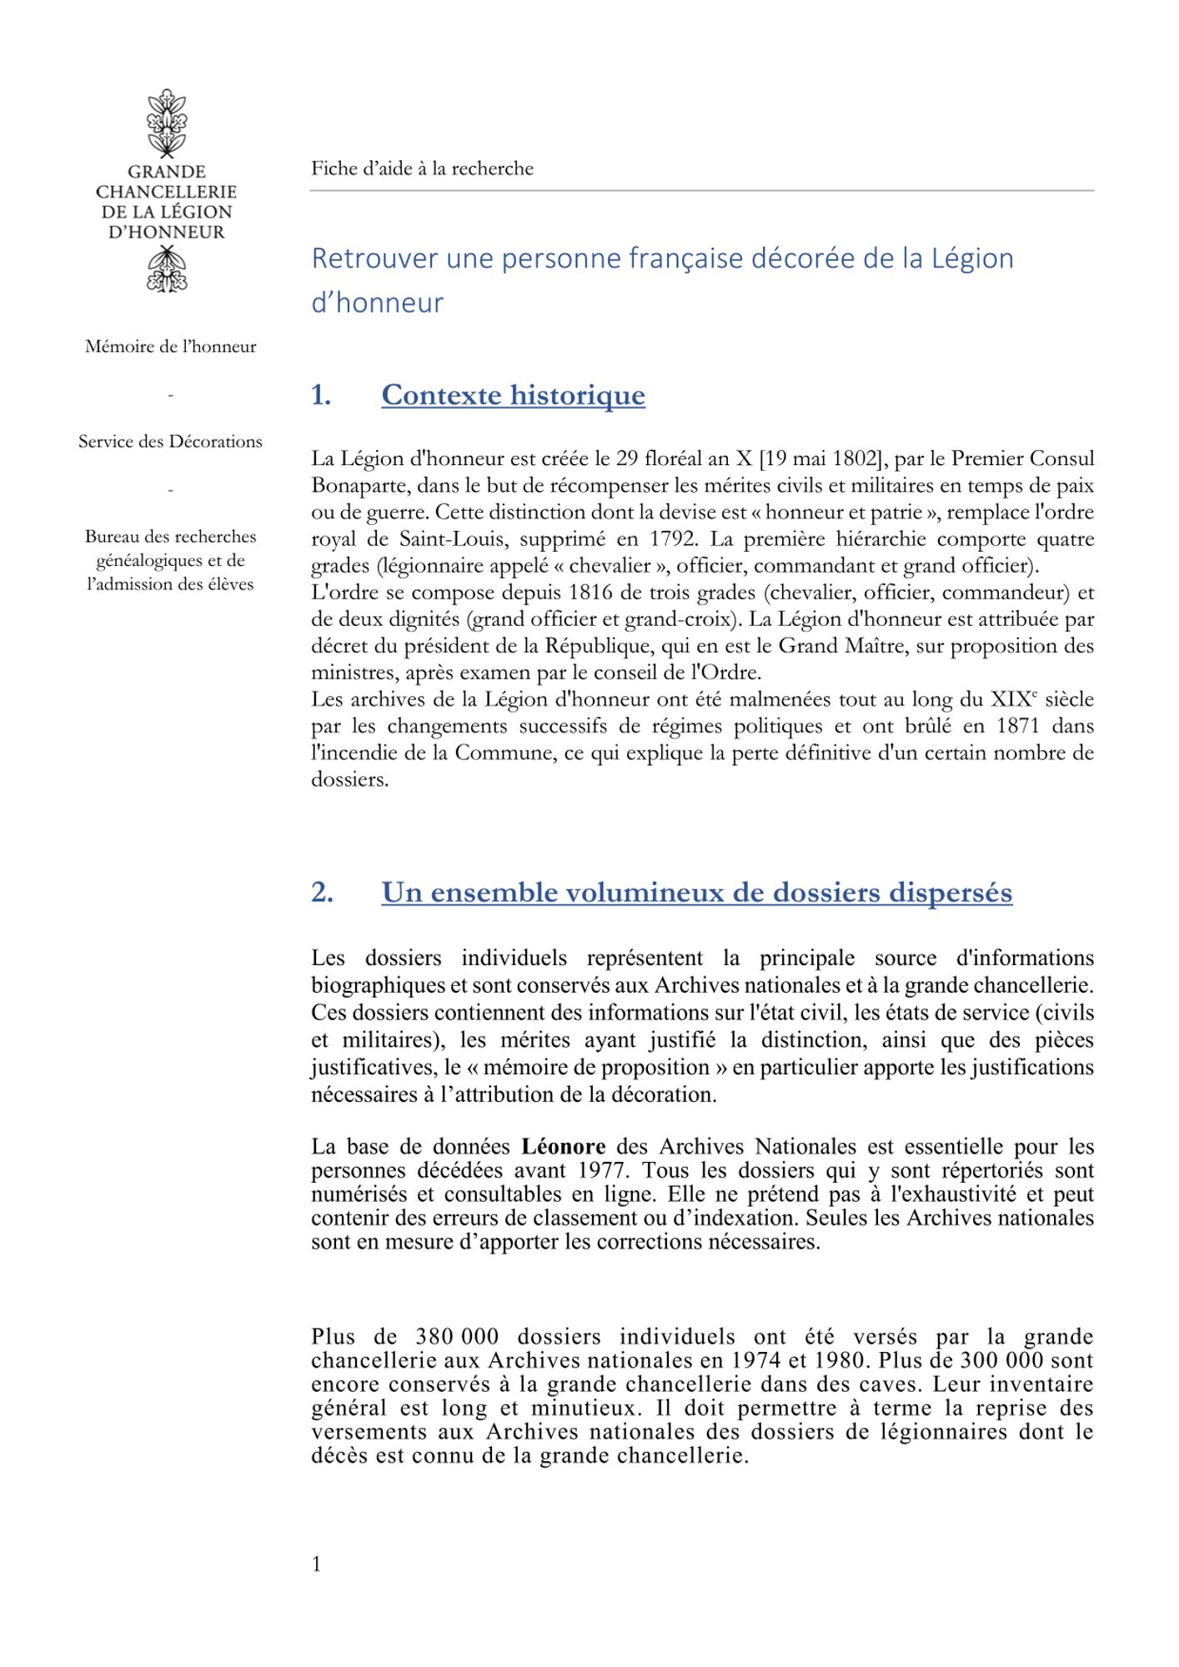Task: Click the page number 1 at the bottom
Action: [317, 1564]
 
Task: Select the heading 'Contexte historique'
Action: [513, 395]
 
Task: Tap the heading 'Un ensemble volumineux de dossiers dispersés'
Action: [696, 893]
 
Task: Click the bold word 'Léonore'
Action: [564, 1147]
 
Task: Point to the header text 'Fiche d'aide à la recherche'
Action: [422, 169]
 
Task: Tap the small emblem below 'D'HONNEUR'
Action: [167, 270]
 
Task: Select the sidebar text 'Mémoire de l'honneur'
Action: [170, 347]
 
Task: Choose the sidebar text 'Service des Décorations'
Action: [170, 442]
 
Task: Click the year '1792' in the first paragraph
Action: [673, 539]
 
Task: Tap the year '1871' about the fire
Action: [1017, 726]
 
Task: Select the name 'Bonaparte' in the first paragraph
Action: [359, 486]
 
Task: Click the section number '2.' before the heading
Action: [322, 893]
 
